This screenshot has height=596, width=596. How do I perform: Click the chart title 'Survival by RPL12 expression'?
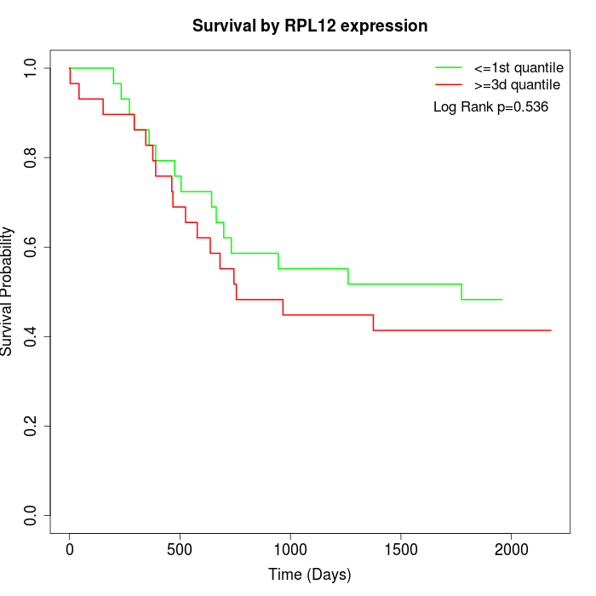(310, 26)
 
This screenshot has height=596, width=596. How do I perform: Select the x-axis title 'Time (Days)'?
(310, 575)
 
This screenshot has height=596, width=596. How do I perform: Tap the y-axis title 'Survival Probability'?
(8, 291)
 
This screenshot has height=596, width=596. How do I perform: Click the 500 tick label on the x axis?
(181, 549)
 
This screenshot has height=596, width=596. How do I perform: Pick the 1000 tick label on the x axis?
(290, 549)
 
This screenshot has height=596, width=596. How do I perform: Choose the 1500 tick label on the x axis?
(401, 549)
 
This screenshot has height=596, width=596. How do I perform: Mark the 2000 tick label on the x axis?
(511, 549)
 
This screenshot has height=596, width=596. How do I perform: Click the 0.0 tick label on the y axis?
(32, 515)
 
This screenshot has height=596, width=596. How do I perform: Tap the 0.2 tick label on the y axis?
(32, 426)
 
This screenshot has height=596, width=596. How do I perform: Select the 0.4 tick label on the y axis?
(32, 336)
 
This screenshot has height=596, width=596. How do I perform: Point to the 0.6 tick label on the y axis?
(32, 247)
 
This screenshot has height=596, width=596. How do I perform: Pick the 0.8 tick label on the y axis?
(32, 158)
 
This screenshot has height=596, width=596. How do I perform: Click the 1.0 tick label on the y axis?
(32, 68)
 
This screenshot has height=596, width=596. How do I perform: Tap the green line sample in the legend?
(449, 66)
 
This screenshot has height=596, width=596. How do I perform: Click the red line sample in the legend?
(449, 84)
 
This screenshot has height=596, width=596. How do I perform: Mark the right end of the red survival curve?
(551, 330)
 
